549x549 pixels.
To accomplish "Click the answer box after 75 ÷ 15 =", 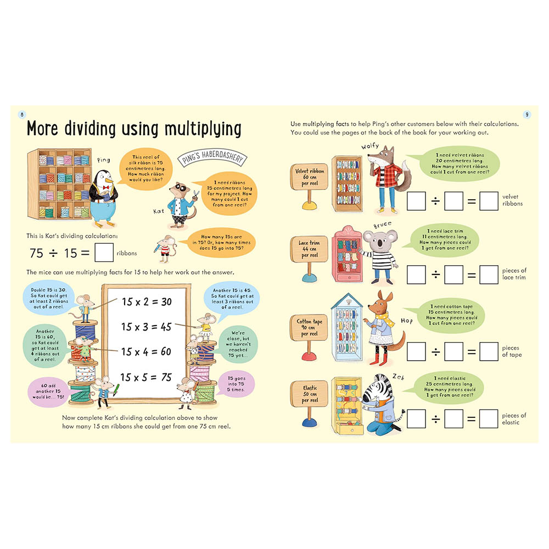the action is click(x=104, y=253).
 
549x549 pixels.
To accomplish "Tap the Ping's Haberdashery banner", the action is click(x=212, y=157).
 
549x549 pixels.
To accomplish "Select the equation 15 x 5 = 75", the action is click(x=146, y=377).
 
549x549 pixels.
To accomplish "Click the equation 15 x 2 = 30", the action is click(x=147, y=301).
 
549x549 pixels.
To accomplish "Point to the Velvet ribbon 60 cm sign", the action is click(x=309, y=177).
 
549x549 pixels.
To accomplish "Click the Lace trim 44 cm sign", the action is click(x=309, y=249).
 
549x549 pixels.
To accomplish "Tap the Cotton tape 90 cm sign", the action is click(x=309, y=327).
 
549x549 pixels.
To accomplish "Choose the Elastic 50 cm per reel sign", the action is click(x=309, y=394).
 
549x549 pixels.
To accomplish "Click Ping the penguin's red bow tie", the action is click(x=106, y=188).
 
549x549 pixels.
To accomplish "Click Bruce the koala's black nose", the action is click(x=380, y=243).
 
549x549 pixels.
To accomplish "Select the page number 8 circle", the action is click(x=22, y=115).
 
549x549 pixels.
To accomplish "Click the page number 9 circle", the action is click(x=526, y=115).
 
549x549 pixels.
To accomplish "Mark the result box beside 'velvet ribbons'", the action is click(x=489, y=201).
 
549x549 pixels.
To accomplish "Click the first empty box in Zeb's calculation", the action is click(x=416, y=418).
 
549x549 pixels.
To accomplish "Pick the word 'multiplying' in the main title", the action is click(x=203, y=128).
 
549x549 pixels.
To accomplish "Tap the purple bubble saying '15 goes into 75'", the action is click(x=236, y=384).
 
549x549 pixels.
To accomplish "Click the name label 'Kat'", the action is click(x=159, y=211).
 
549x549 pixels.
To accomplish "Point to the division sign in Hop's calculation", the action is click(x=435, y=351).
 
